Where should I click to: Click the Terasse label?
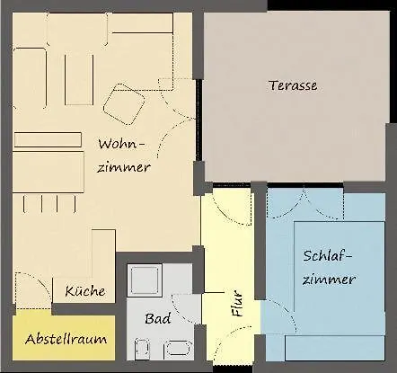(x=294, y=85)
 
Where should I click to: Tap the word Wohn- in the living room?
(x=120, y=144)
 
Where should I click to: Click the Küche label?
(x=85, y=291)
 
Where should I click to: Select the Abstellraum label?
(x=66, y=339)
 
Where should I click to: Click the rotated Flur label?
(x=237, y=306)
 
